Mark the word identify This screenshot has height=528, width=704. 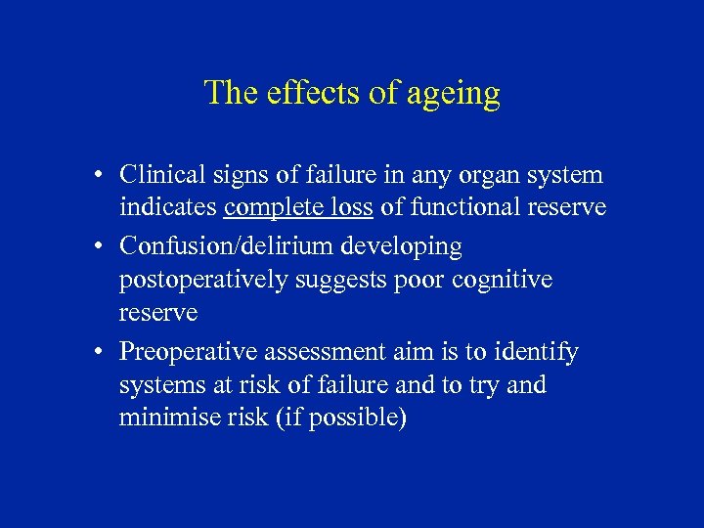537,351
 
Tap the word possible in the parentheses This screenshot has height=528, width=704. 354,418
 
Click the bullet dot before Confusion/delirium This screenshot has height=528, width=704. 101,246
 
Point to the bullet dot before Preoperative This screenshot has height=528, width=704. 101,352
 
